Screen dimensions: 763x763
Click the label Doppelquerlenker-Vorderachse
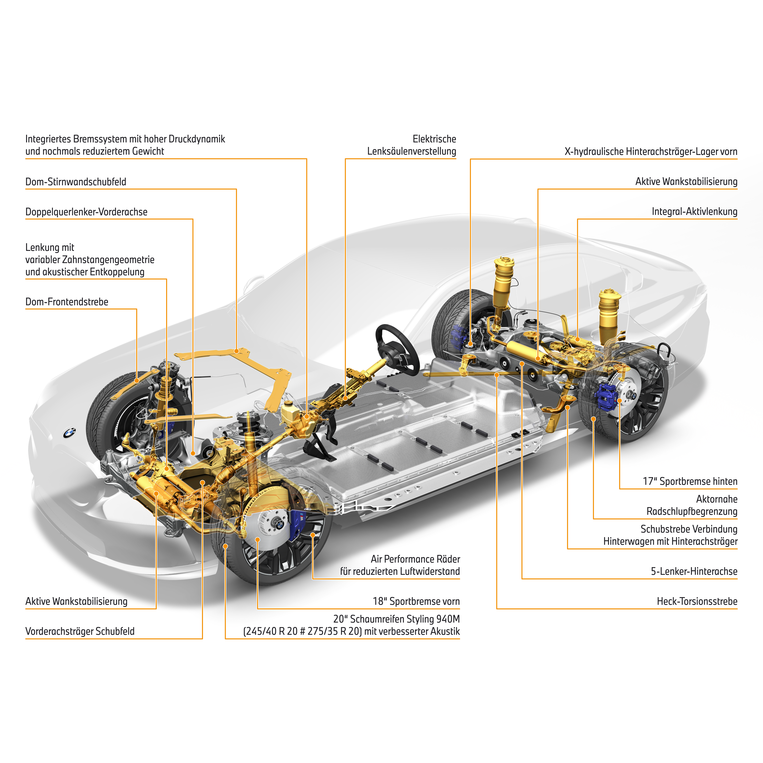coord(86,212)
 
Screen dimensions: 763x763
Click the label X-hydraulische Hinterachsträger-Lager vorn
coord(651,152)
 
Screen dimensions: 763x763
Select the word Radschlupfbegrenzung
coord(692,511)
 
